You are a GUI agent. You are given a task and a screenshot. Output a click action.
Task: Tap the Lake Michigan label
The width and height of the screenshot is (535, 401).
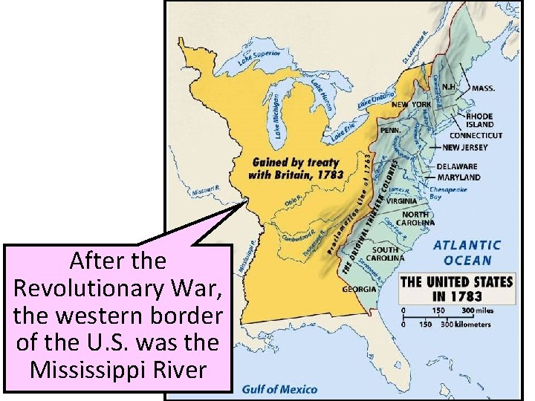point(275,115)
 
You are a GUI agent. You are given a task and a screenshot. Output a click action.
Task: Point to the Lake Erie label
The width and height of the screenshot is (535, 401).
point(344,131)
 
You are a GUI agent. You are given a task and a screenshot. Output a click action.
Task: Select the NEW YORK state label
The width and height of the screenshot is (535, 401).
point(411,105)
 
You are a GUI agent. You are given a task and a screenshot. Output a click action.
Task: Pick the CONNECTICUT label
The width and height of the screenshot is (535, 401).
point(476,136)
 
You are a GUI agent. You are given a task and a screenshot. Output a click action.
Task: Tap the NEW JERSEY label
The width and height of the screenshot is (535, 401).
point(464,148)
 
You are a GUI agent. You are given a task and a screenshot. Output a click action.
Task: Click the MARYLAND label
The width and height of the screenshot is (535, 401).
point(458,177)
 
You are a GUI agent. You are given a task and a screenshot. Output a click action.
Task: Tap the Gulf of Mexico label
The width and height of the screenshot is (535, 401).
point(280,389)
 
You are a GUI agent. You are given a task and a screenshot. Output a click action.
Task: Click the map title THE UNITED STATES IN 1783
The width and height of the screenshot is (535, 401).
point(456,289)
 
